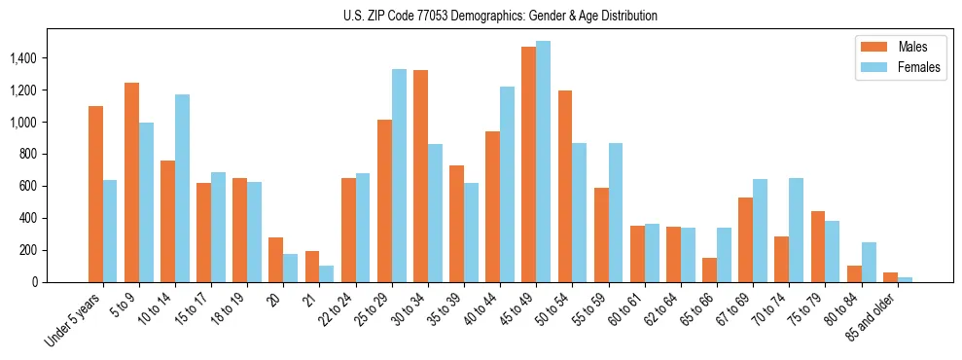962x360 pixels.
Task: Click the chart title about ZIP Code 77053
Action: tap(500, 16)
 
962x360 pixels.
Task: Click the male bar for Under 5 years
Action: tap(95, 195)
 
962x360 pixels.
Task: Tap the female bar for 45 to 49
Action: tap(543, 162)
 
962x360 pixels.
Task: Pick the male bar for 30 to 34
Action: tap(420, 176)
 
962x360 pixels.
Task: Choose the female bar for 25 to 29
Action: tap(399, 175)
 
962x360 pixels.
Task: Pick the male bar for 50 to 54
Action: tap(564, 186)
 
